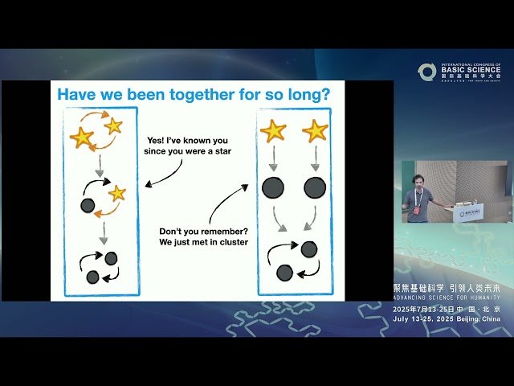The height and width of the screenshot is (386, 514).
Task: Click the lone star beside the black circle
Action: pyautogui.click(x=117, y=193)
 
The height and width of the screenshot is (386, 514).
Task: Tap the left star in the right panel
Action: pyautogui.click(x=273, y=130)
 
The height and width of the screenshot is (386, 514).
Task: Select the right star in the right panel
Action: pyautogui.click(x=315, y=130)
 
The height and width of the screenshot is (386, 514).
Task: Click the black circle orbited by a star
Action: pyautogui.click(x=88, y=205)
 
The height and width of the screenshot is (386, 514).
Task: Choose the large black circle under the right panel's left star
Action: pyautogui.click(x=273, y=188)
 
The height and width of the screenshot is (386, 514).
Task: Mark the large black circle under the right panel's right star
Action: pyautogui.click(x=315, y=188)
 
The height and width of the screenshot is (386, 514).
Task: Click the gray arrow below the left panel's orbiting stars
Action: pyautogui.click(x=100, y=166)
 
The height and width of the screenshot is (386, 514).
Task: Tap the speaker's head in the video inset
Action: pyautogui.click(x=417, y=181)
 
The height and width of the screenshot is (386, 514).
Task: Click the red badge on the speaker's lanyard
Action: pyautogui.click(x=417, y=211)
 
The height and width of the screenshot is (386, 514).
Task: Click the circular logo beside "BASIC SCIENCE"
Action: pyautogui.click(x=426, y=72)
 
